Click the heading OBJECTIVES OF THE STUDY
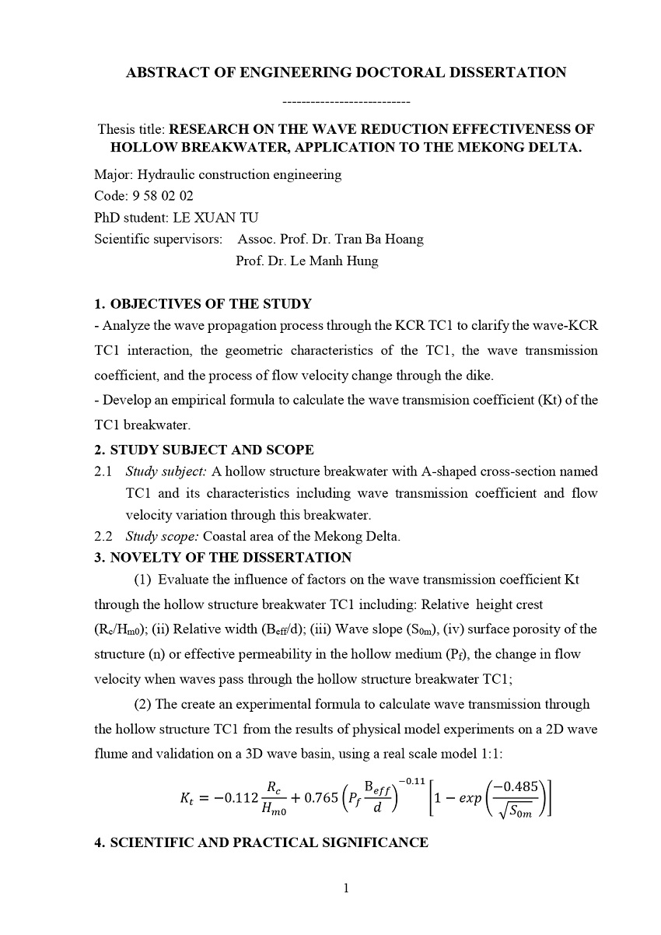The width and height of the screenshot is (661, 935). (211, 304)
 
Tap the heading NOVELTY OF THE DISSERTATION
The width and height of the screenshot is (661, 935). (230, 558)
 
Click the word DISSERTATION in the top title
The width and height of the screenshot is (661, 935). (497, 73)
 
